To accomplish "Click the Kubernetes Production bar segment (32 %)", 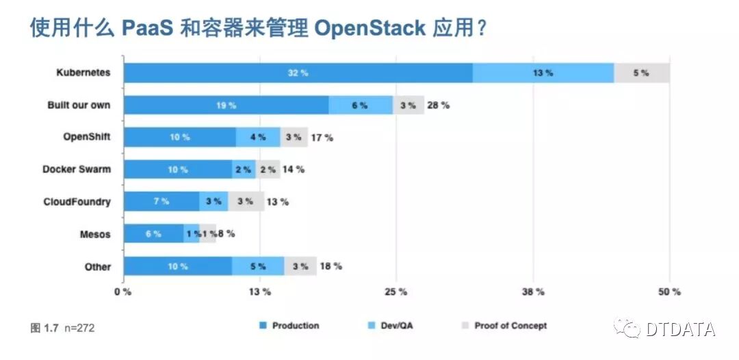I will click(298, 73).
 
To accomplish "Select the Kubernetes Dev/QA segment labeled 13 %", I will click(543, 73).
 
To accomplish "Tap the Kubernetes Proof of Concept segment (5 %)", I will click(641, 73).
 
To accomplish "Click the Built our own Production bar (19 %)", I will click(226, 105).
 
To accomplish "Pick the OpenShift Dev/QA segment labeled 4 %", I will click(258, 137).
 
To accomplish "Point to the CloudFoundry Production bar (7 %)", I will click(161, 201).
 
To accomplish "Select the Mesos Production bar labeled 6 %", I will click(153, 233).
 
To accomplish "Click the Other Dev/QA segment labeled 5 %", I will click(258, 266).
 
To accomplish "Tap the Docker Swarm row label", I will click(76, 169).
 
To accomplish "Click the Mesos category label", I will click(95, 234).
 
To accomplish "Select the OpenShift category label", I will click(86, 137).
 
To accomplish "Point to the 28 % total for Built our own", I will click(438, 105).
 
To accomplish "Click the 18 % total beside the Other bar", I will click(330, 266).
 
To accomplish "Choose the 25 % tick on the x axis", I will click(396, 292).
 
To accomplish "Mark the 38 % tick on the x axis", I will click(533, 292).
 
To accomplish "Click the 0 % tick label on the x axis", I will click(122, 292).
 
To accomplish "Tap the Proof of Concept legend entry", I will click(510, 326).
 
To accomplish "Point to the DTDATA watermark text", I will click(680, 329).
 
